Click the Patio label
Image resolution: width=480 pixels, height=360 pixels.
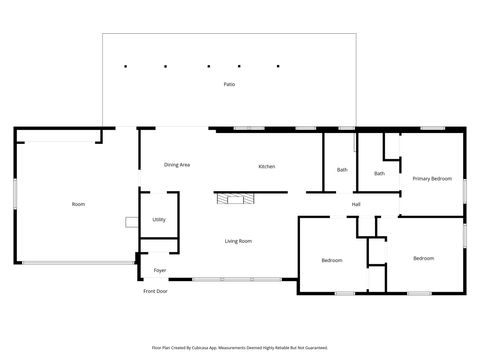tap(229, 85)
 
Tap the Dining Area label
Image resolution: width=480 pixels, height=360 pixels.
tap(178, 164)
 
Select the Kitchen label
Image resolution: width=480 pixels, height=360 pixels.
tap(267, 166)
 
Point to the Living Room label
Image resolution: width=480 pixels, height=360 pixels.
tap(238, 241)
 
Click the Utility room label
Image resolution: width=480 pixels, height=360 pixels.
tap(158, 220)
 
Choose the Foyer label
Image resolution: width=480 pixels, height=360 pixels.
tap(160, 271)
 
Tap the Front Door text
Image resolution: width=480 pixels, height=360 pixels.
tap(155, 291)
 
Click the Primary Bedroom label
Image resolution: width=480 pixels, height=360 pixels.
tap(432, 179)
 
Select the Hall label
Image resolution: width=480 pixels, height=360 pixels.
tap(355, 205)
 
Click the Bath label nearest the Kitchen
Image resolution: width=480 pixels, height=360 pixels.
tap(342, 170)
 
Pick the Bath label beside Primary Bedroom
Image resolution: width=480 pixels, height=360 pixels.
tap(379, 174)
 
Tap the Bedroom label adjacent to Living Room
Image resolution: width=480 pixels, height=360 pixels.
tap(332, 260)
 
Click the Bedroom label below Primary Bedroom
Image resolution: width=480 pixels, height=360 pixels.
tap(423, 258)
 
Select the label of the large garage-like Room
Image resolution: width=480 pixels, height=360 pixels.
tap(78, 204)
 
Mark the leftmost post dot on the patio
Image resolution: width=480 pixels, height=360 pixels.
tap(125, 66)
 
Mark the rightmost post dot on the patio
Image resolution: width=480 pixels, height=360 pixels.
tap(278, 66)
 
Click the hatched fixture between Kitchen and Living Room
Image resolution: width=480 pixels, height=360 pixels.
tap(236, 199)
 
